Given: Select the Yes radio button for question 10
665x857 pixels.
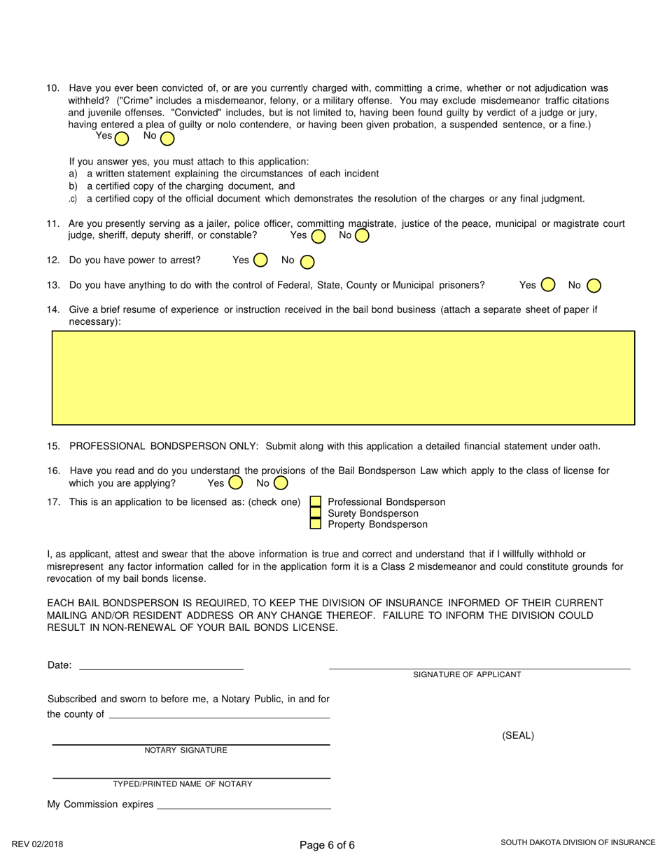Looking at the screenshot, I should [122, 138].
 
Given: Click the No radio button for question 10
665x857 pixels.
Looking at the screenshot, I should [167, 138].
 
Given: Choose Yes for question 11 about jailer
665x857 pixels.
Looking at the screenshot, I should [318, 237].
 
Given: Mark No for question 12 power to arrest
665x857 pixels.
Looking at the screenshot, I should [307, 262].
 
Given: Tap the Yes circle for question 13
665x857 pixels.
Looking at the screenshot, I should [548, 285].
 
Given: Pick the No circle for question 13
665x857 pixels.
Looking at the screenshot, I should [594, 285].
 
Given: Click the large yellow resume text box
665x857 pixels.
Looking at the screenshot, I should [343, 378].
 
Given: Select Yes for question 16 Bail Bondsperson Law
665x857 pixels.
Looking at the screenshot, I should [236, 482].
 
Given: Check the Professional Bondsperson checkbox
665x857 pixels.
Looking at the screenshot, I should [316, 502].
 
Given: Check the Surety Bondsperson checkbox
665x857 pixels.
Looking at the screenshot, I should [316, 513].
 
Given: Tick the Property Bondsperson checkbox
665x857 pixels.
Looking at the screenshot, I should [316, 524].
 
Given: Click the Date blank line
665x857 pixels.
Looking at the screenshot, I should [161, 665].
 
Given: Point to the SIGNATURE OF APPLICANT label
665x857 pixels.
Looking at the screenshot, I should [467, 674].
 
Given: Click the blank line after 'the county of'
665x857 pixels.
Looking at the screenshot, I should [220, 714].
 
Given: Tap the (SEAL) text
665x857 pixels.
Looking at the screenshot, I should [518, 735].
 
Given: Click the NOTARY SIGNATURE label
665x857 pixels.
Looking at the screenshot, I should [185, 751].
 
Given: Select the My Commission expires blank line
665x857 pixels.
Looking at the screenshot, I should [243, 804].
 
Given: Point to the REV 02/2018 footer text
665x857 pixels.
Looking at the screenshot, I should [37, 844].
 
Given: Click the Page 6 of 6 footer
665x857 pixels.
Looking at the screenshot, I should [327, 844].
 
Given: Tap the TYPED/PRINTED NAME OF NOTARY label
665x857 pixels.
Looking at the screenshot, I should [183, 784].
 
